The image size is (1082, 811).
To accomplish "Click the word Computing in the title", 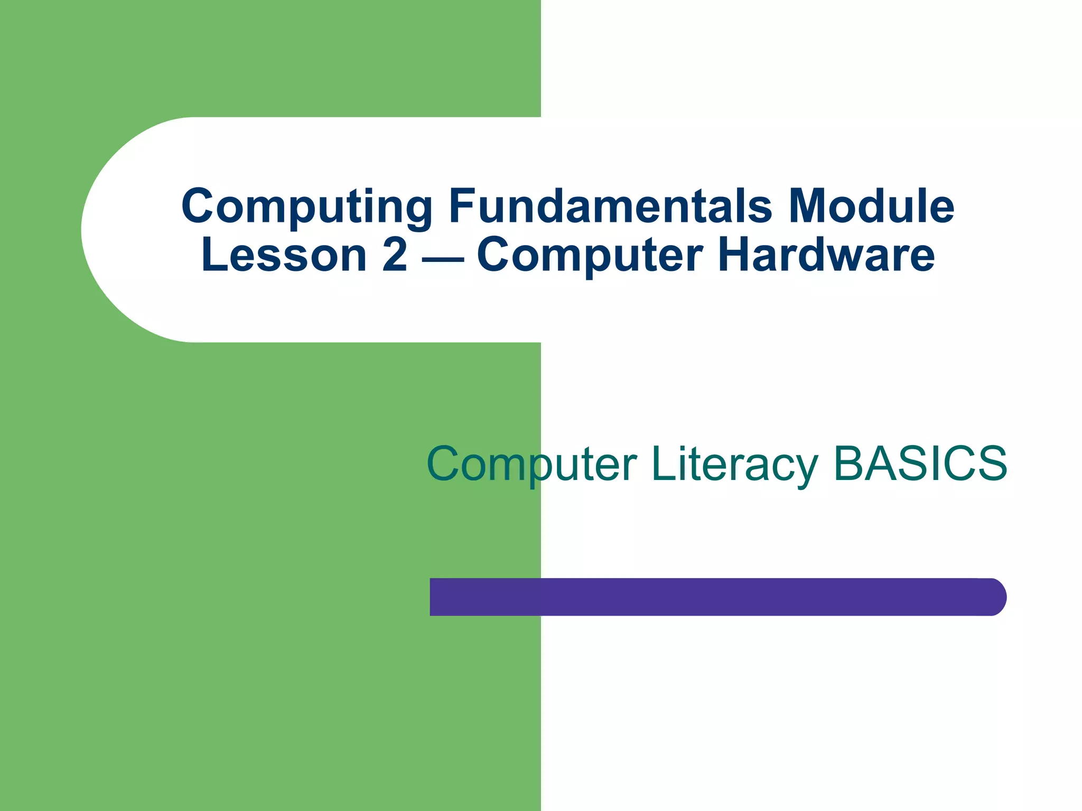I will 306,207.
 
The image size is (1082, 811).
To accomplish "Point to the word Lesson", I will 284,255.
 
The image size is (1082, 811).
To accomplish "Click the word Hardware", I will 826,255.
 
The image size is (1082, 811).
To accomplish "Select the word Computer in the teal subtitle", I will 531,465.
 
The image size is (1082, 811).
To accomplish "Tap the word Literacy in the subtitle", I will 735,465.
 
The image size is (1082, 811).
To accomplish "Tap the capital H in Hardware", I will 736,255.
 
